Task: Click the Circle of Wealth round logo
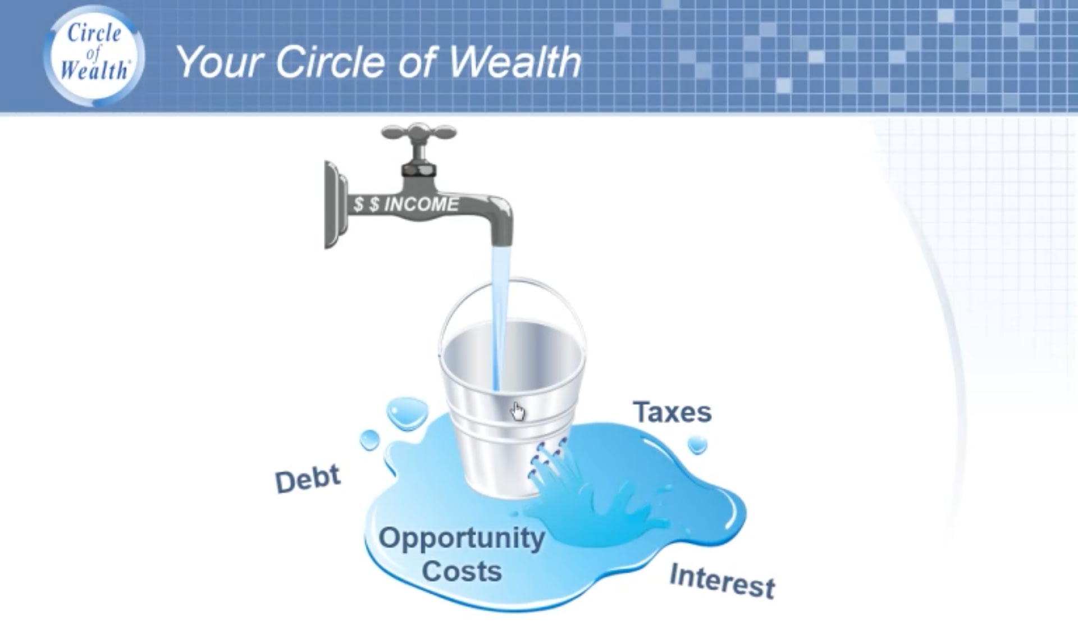click(x=94, y=56)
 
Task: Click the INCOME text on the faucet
click(x=422, y=204)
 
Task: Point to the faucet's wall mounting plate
click(x=335, y=205)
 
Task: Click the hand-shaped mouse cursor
click(x=517, y=411)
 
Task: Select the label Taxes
click(x=673, y=412)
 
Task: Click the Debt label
click(x=308, y=479)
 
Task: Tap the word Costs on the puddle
click(x=462, y=571)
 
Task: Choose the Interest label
click(x=723, y=581)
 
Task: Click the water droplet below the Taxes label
click(x=697, y=445)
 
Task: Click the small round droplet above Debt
click(x=369, y=440)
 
